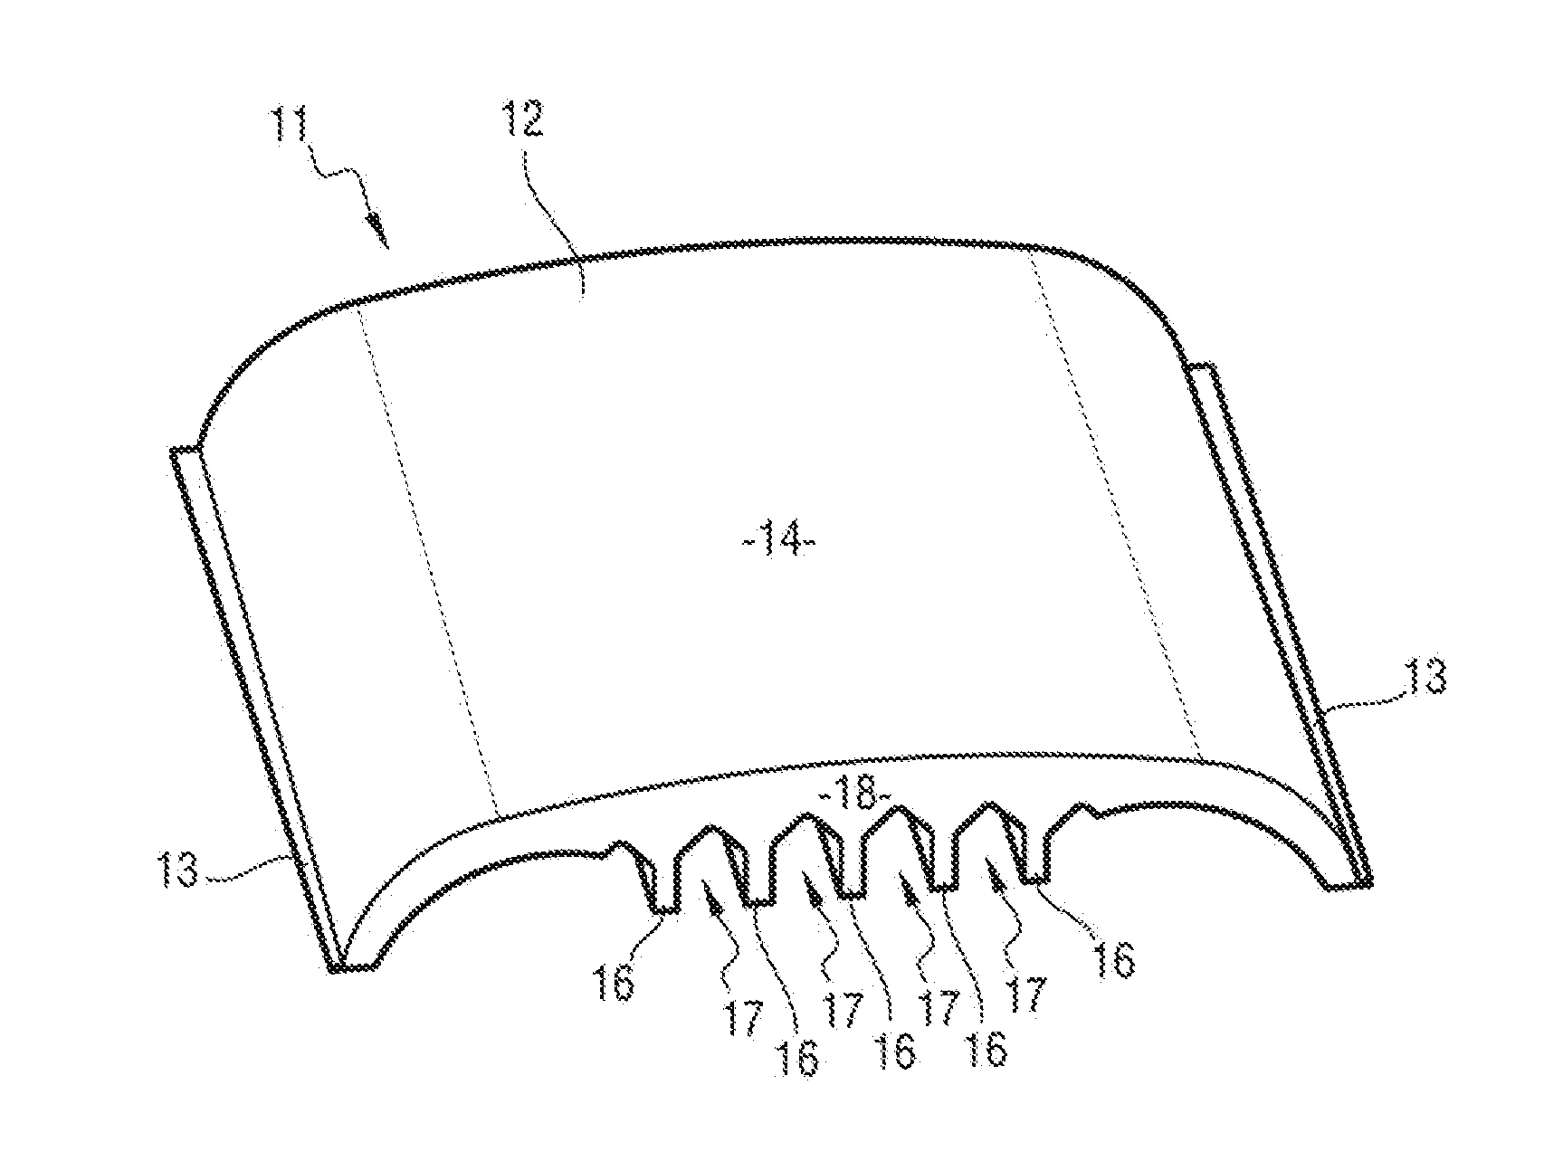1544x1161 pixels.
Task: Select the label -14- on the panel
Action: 778,547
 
